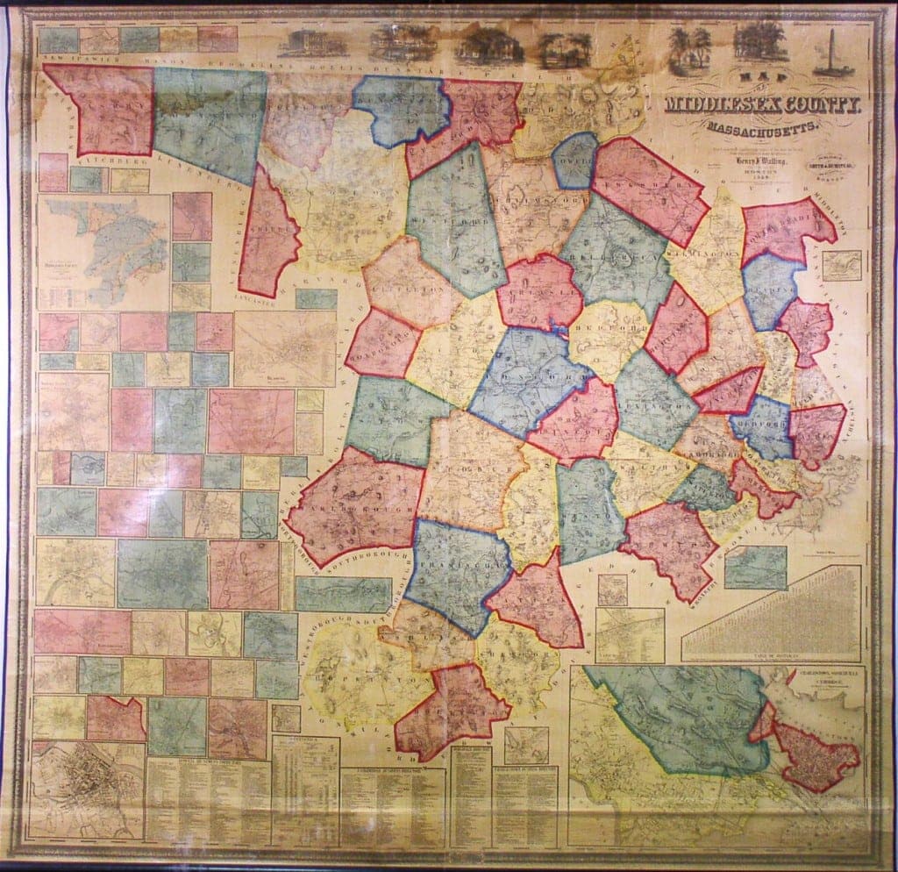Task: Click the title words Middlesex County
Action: [x=763, y=106]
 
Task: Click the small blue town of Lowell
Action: [x=575, y=160]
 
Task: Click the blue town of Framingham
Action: [x=456, y=570]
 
